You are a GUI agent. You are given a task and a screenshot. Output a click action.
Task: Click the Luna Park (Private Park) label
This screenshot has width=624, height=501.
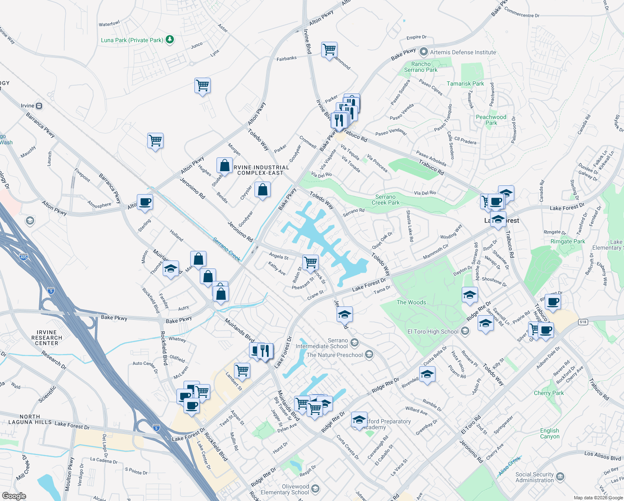click(132, 40)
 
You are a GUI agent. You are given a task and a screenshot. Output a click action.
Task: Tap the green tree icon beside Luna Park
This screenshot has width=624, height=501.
click(170, 40)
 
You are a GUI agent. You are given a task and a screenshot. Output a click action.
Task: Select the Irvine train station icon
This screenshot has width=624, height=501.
click(39, 106)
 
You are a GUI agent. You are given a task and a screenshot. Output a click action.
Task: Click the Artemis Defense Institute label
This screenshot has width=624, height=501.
click(463, 52)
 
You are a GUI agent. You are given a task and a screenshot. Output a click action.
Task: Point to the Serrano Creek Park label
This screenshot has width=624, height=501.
click(385, 200)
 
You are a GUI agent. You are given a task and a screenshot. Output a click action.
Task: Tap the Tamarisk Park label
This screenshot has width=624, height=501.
click(465, 83)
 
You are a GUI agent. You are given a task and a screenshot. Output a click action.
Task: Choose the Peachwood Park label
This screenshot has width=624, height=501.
click(491, 120)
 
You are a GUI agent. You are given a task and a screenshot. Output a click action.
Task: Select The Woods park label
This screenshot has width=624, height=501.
click(411, 302)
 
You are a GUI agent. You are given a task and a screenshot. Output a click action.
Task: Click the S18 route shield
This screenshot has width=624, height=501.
click(583, 322)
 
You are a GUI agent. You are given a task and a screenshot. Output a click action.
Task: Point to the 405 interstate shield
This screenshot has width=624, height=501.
click(23, 257)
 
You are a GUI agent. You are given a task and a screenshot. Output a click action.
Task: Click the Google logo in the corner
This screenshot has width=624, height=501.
click(14, 496)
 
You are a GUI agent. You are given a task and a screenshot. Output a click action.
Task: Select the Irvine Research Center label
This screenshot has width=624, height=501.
click(46, 338)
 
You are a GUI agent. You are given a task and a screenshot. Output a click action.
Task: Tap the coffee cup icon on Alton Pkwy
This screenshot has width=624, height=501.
click(145, 202)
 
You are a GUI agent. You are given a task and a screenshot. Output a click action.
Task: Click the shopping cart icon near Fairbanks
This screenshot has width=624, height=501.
click(329, 49)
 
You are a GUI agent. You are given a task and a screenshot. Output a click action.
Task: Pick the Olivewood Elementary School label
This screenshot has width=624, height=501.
click(285, 489)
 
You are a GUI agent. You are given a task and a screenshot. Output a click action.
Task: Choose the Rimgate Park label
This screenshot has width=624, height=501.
click(568, 241)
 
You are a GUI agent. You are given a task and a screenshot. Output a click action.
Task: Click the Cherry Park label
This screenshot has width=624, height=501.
click(549, 393)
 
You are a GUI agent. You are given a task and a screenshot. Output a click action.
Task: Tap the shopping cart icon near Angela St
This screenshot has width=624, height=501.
click(310, 263)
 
